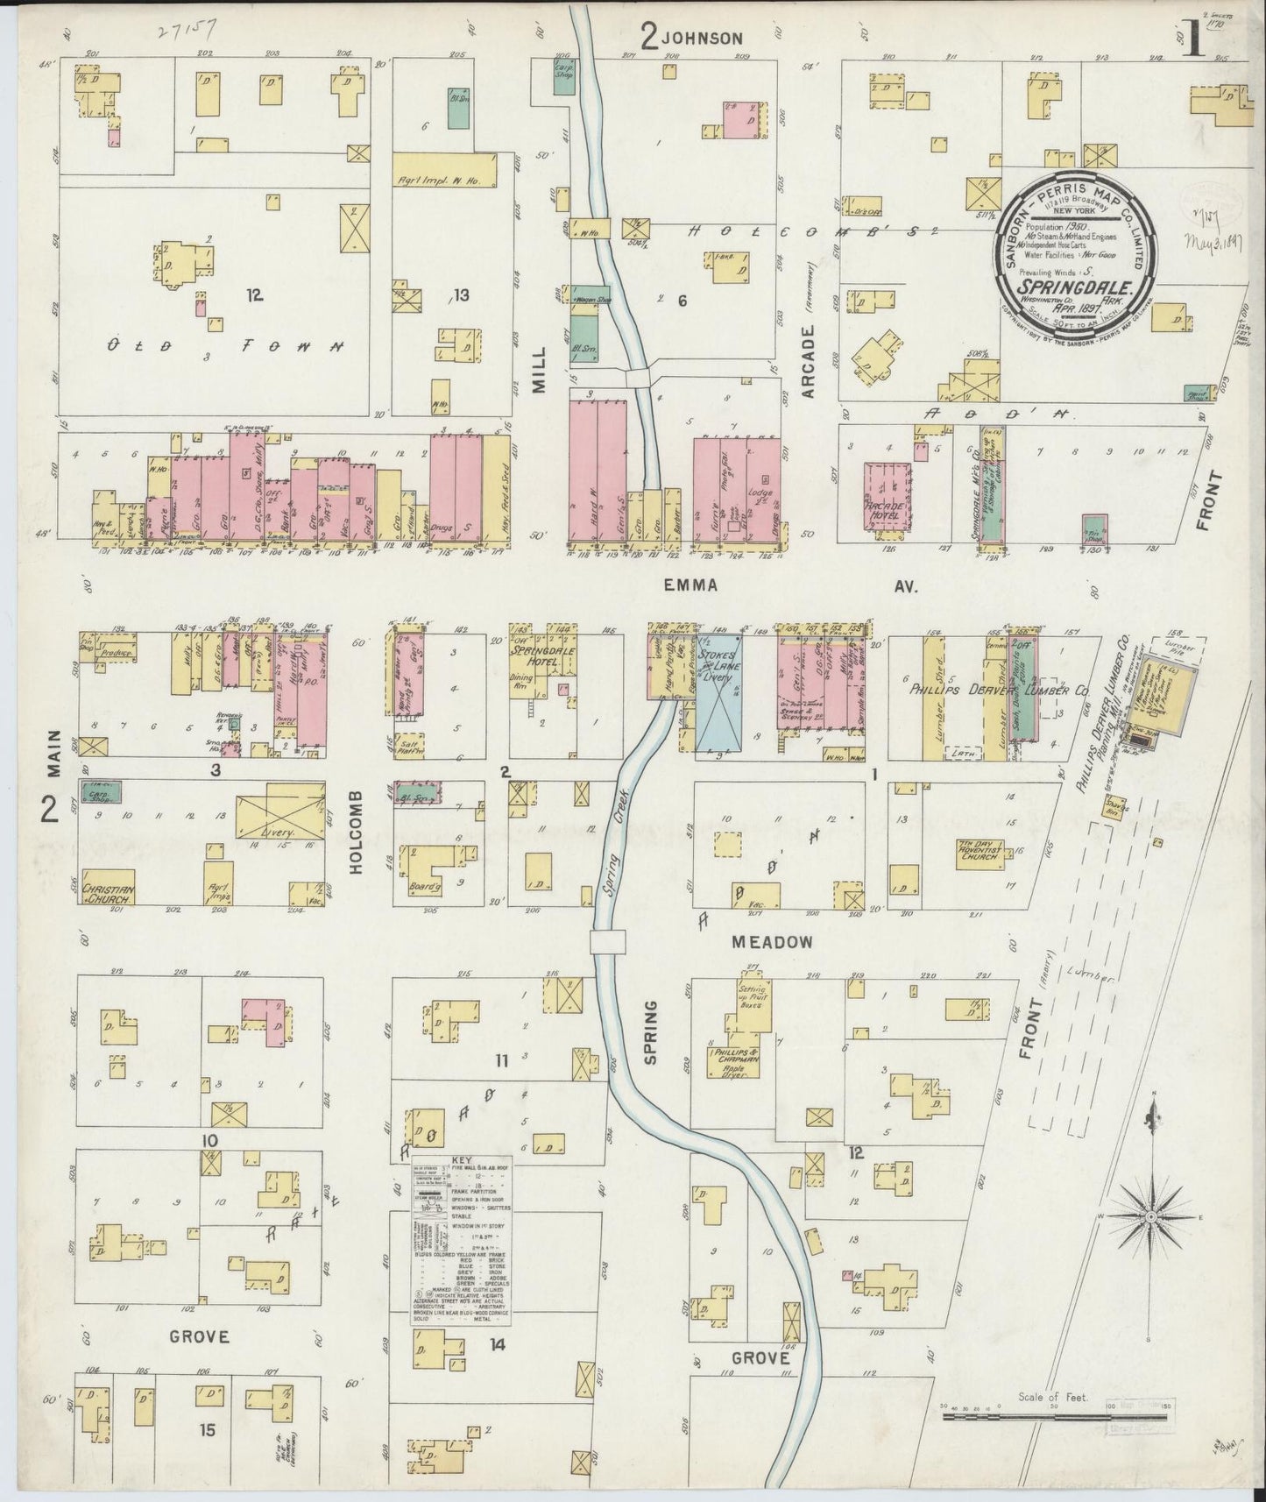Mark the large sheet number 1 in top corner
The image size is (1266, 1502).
1193,39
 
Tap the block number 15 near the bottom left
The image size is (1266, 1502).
207,1430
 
